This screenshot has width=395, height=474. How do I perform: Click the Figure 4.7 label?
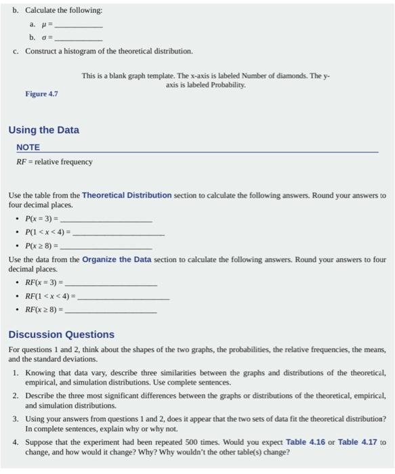click(x=41, y=93)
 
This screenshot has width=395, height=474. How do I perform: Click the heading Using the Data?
click(x=43, y=129)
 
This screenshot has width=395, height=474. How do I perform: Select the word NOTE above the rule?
click(x=28, y=147)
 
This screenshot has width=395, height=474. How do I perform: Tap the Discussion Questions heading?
click(x=61, y=335)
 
